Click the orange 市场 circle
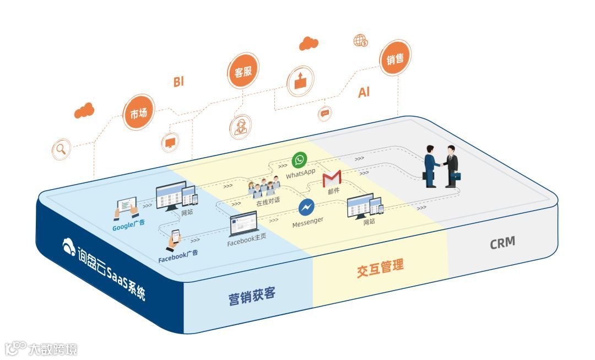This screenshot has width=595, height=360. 138,113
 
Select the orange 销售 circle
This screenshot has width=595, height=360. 395,59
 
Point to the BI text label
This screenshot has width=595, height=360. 178,82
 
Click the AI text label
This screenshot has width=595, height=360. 364,93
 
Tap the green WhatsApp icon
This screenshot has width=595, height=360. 299,160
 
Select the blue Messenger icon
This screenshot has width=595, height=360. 306,207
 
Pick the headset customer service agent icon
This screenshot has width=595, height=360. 240,127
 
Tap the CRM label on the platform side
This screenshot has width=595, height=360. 502,243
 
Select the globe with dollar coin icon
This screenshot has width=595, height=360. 361,41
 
